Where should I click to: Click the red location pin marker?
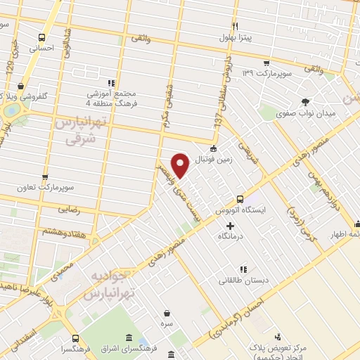coord(181,165)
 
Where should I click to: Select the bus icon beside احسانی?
coord(42,38)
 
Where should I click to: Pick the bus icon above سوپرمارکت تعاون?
coord(45,178)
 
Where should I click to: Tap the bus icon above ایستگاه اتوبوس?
coord(240,199)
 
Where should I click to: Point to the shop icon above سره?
coord(167,313)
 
